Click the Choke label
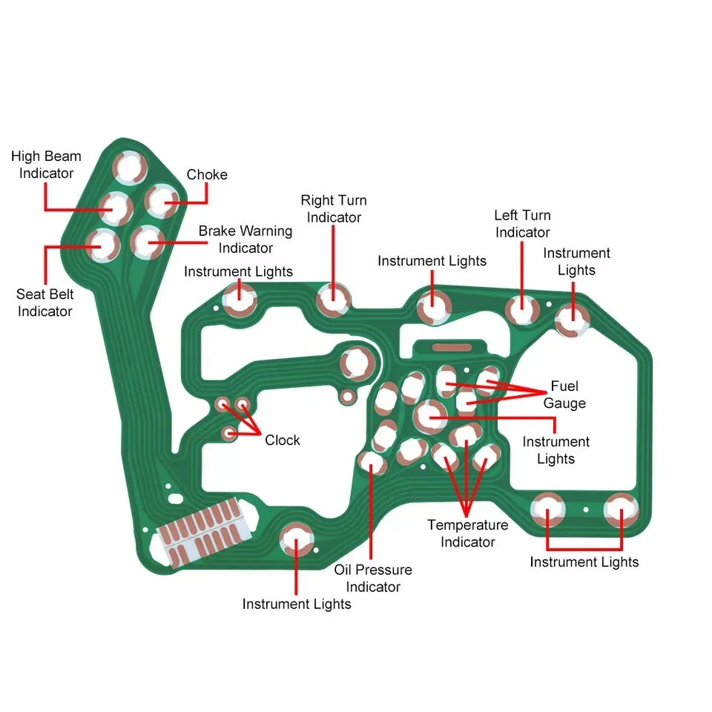207,175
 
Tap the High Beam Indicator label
46,165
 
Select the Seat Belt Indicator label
44,303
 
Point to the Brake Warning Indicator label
245,239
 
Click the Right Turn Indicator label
334,209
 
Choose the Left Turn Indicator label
523,223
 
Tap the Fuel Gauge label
564,395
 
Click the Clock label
283,440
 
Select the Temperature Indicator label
468,533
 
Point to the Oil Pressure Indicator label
373,578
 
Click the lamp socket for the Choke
161,200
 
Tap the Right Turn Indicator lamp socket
334,300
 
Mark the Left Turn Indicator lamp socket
521,309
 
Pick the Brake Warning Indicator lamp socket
148,240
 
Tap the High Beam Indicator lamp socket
117,208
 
